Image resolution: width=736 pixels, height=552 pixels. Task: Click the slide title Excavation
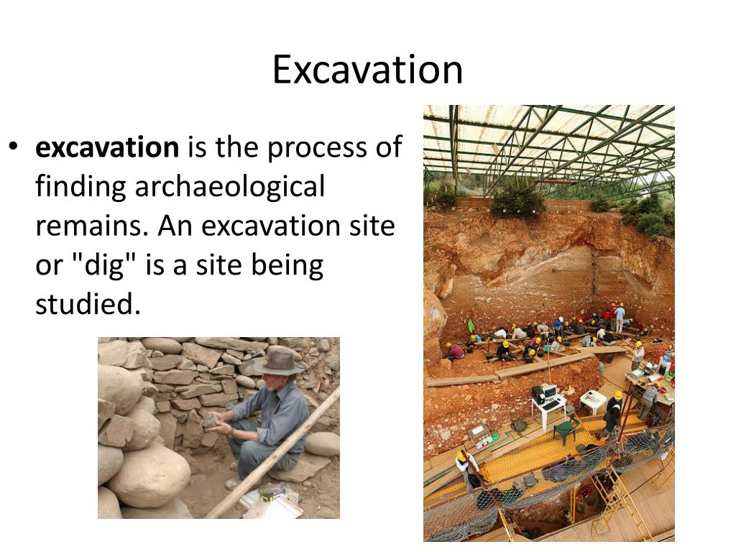click(367, 70)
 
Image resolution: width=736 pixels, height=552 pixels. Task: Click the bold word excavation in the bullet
click(107, 147)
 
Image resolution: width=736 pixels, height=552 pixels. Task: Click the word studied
click(88, 304)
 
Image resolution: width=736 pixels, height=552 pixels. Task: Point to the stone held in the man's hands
click(211, 419)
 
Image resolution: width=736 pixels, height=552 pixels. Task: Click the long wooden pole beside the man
click(272, 453)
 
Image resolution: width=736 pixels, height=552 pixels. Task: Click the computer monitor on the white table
click(548, 391)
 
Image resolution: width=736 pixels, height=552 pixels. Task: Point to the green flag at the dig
click(471, 325)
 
